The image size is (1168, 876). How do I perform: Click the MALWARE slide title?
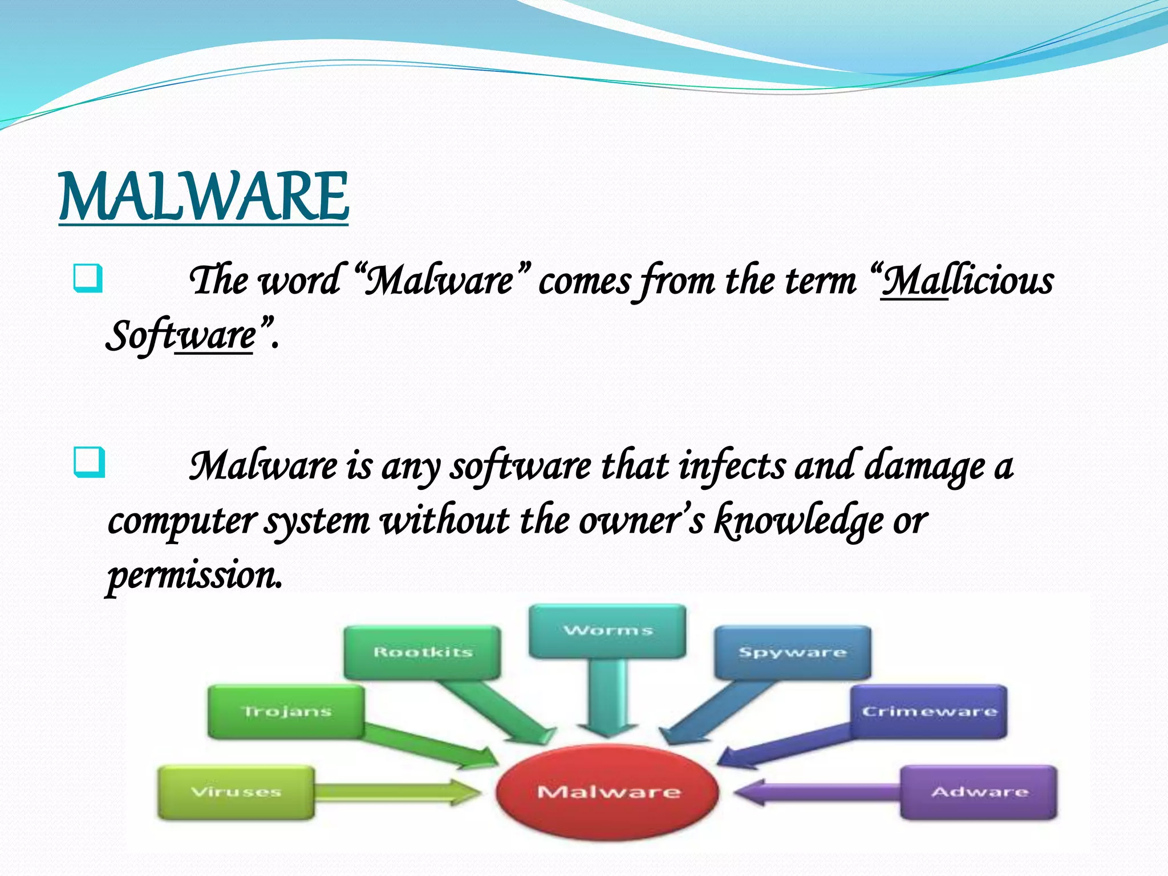point(204,197)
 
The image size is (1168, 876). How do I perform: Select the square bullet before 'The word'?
point(88,278)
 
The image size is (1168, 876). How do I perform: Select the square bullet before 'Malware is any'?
point(89,463)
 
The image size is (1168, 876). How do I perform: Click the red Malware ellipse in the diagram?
point(608,792)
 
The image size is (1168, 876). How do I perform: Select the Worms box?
point(608,631)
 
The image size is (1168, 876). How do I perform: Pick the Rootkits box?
point(422,652)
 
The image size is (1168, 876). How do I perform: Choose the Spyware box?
point(793,652)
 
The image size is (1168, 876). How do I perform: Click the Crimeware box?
point(928,711)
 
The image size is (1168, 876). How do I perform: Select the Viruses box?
point(236,792)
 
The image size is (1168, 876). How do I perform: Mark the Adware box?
point(979,792)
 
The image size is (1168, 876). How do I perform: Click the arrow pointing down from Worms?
point(608,699)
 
